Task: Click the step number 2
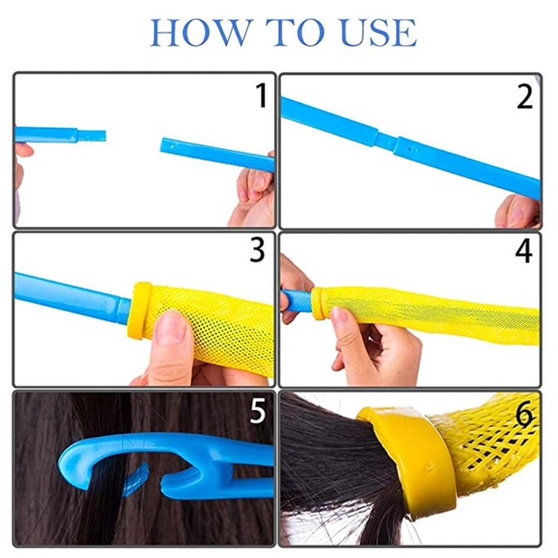[x=524, y=96]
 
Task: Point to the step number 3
[x=257, y=250]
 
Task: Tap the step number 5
[x=258, y=411]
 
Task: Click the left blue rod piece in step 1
[x=58, y=136]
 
